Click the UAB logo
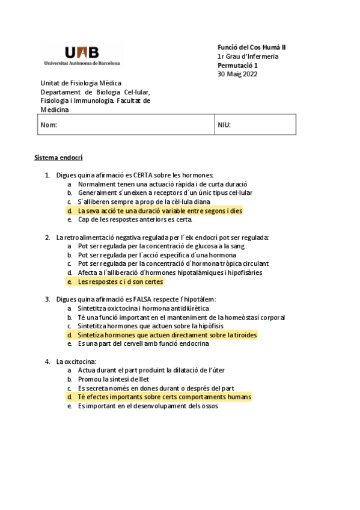pyautogui.click(x=82, y=54)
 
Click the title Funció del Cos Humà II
pyautogui.click(x=251, y=48)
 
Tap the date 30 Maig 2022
pyautogui.click(x=237, y=74)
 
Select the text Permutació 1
pyautogui.click(x=237, y=65)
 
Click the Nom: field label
pyautogui.click(x=49, y=125)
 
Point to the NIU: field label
pyautogui.click(x=224, y=125)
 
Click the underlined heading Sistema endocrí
pyautogui.click(x=58, y=158)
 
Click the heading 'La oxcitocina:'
pyautogui.click(x=76, y=361)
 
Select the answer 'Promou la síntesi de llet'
pyautogui.click(x=114, y=379)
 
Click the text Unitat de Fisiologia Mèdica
pyautogui.click(x=81, y=83)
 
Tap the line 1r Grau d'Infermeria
pyautogui.click(x=248, y=57)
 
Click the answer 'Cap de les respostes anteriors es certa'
pyautogui.click(x=135, y=220)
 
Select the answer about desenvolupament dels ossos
pyautogui.click(x=148, y=406)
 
